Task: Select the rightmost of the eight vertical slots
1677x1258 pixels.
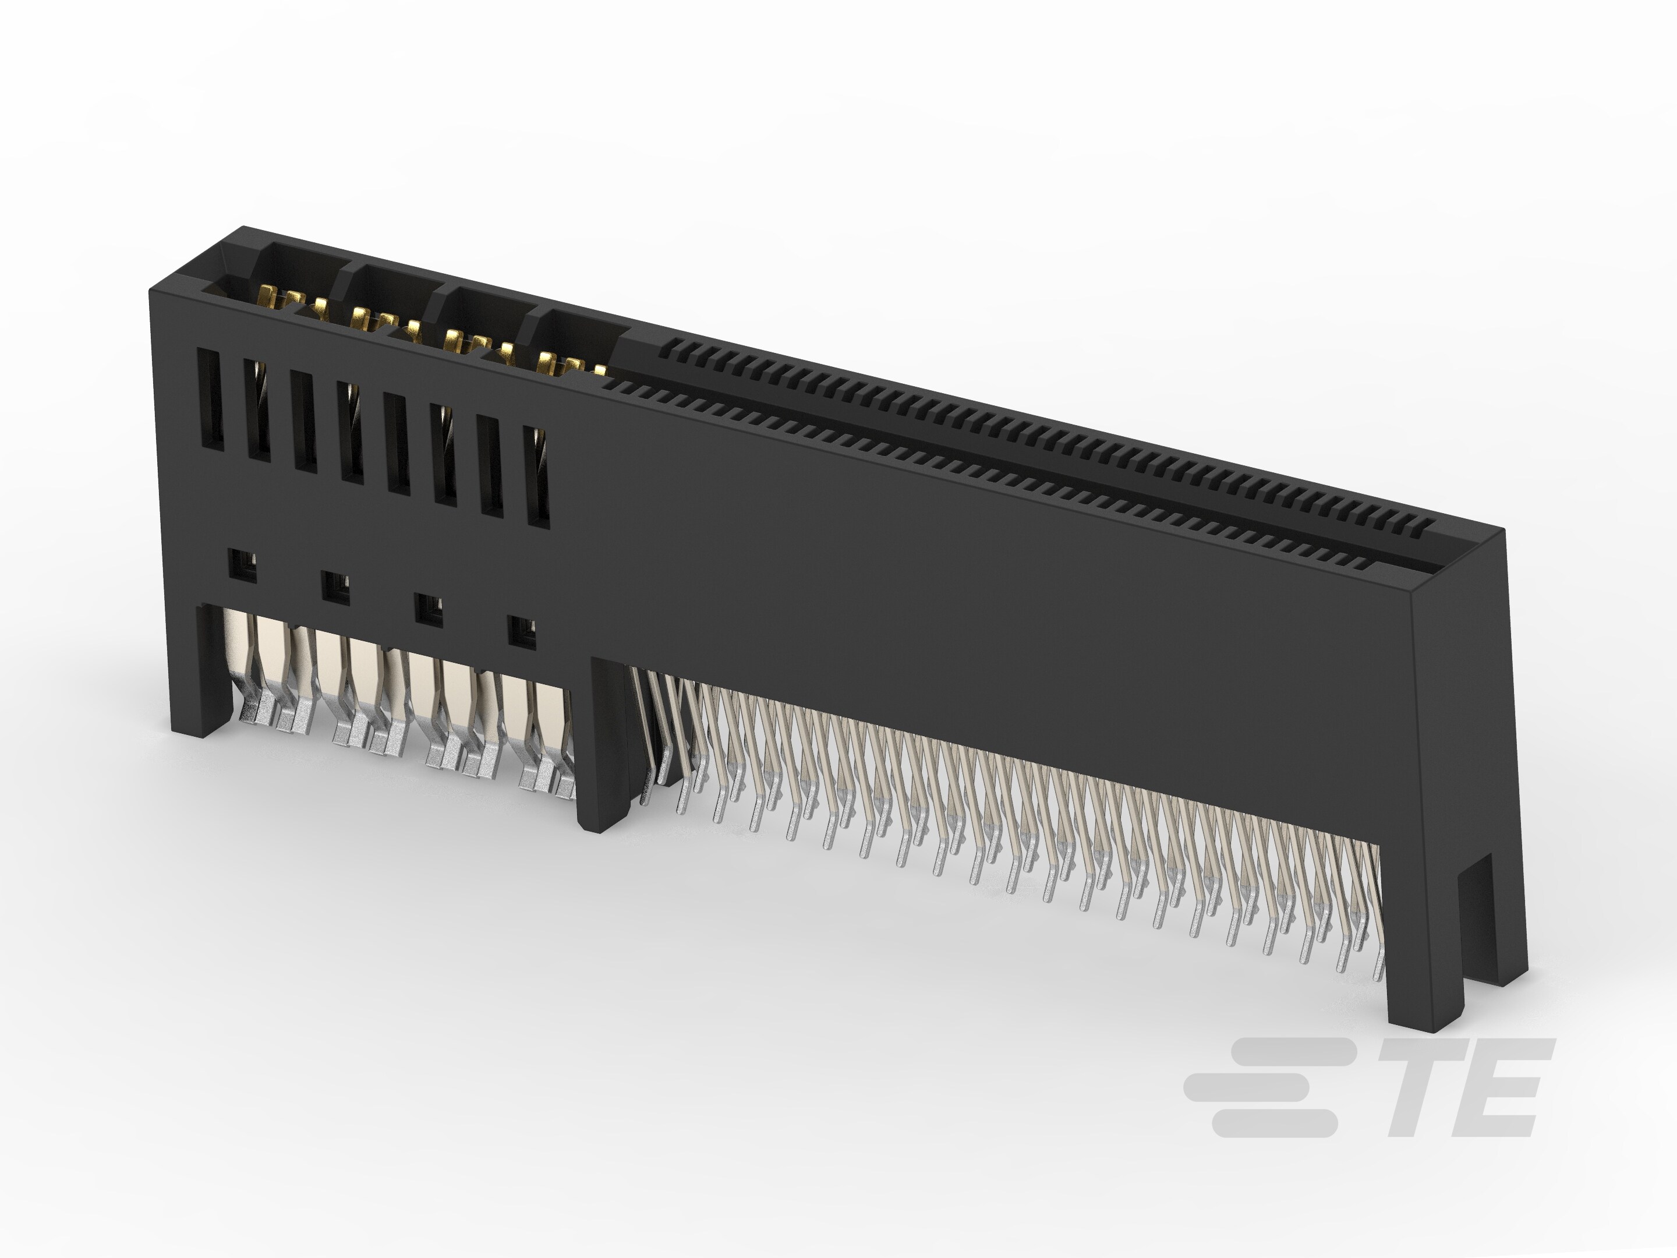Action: [538, 475]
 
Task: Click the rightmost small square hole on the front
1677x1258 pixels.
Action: [522, 632]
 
